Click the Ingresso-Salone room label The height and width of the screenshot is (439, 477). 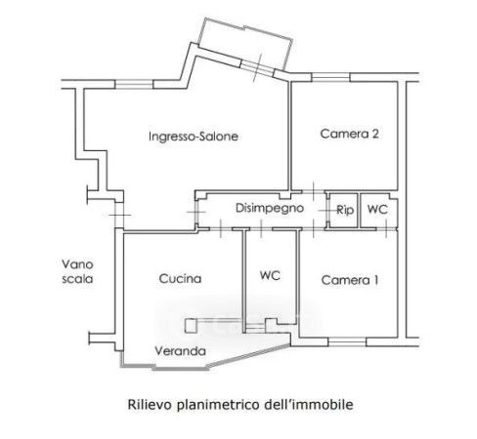(194, 137)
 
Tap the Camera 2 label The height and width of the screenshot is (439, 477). (349, 134)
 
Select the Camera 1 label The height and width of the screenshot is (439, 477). (350, 280)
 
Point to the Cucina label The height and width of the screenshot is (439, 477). (180, 279)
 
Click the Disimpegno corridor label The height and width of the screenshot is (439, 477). (270, 208)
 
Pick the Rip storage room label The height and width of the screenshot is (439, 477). (345, 210)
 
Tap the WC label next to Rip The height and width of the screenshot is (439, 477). (377, 209)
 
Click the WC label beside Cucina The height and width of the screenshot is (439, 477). (270, 275)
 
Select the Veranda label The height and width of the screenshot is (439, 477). (180, 351)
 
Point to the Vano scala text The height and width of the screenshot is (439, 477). (77, 271)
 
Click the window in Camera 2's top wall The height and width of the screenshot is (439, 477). (330, 77)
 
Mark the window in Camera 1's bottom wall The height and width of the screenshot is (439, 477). (347, 341)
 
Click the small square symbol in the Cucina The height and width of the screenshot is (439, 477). (192, 326)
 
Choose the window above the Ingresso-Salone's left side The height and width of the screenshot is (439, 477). (134, 84)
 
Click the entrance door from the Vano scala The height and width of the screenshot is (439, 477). (119, 215)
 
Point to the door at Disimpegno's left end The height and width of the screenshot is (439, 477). (196, 212)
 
